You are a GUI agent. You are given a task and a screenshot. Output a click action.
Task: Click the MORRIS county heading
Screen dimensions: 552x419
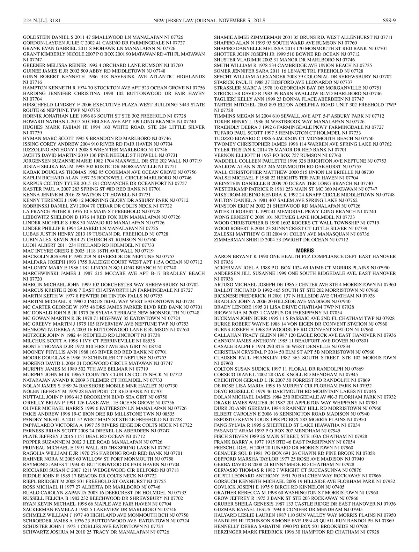click(305, 251)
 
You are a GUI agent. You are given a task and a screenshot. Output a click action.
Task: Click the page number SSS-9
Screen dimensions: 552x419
click(389, 20)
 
